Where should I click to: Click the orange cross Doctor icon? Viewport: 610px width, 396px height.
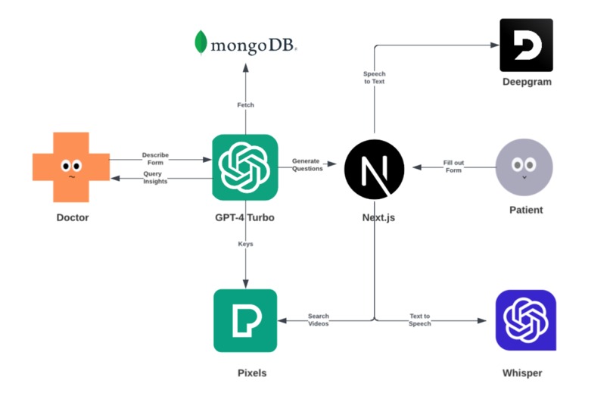71,167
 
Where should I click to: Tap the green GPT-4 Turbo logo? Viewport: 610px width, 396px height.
245,167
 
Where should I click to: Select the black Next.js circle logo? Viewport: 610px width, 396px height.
374,168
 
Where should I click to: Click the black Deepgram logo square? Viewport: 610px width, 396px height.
526,45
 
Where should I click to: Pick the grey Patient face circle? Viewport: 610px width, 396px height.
524,167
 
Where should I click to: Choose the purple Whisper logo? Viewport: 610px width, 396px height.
525,320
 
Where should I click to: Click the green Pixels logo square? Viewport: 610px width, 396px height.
245,320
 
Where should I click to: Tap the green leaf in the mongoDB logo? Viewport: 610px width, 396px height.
201,43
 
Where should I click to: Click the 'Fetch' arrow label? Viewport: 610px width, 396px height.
245,104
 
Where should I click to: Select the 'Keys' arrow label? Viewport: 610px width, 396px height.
245,244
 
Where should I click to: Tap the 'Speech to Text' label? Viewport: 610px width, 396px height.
374,77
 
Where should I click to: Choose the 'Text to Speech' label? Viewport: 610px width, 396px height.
420,320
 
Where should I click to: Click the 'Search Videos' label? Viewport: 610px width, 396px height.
318,320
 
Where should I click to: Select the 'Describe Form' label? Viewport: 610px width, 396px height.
156,158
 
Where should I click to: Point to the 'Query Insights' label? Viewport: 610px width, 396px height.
155,178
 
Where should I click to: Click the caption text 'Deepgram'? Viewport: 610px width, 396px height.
526,82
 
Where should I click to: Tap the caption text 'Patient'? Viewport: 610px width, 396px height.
524,210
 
